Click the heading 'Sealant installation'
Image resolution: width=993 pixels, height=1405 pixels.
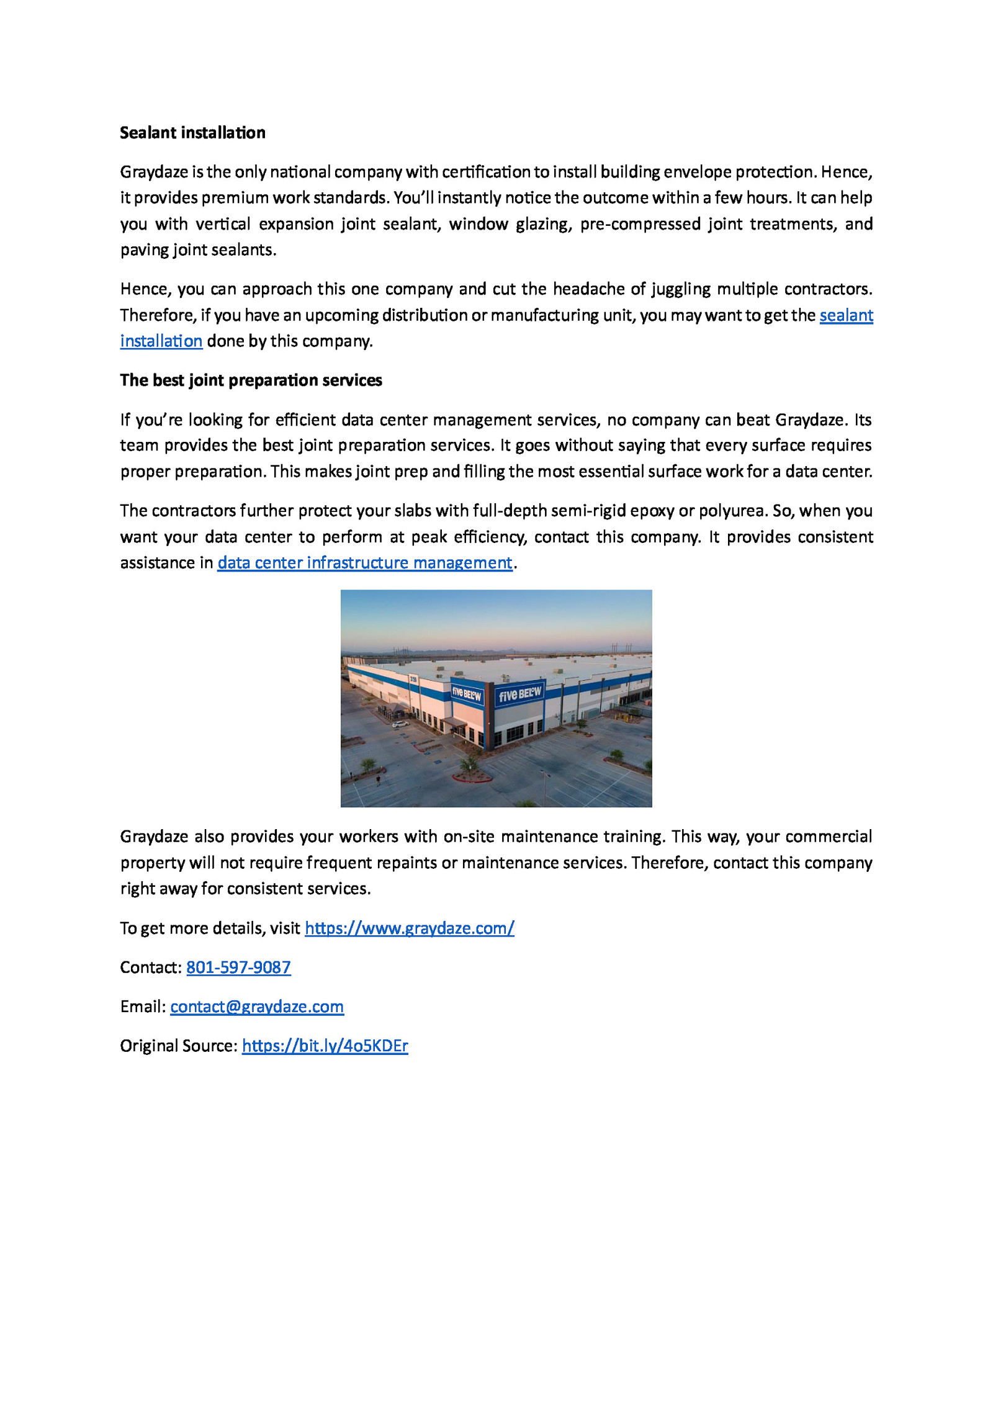coord(192,133)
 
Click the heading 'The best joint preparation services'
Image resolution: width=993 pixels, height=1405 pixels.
coord(251,380)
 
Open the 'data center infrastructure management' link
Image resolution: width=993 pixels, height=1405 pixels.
coord(364,563)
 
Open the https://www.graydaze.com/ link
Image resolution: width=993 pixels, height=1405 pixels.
coord(409,928)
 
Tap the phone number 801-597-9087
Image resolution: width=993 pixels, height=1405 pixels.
coord(238,967)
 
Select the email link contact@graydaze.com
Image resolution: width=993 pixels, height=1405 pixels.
coord(257,1007)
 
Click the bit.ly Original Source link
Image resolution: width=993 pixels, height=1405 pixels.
coord(325,1046)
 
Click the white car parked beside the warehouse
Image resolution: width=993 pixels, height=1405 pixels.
coord(400,724)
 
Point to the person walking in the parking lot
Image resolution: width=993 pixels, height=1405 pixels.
coord(377,779)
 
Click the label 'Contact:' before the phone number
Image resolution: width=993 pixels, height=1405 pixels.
coord(151,967)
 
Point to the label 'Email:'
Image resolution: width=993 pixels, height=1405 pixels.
coord(143,1007)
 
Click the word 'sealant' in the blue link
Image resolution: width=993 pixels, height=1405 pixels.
coord(846,315)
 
